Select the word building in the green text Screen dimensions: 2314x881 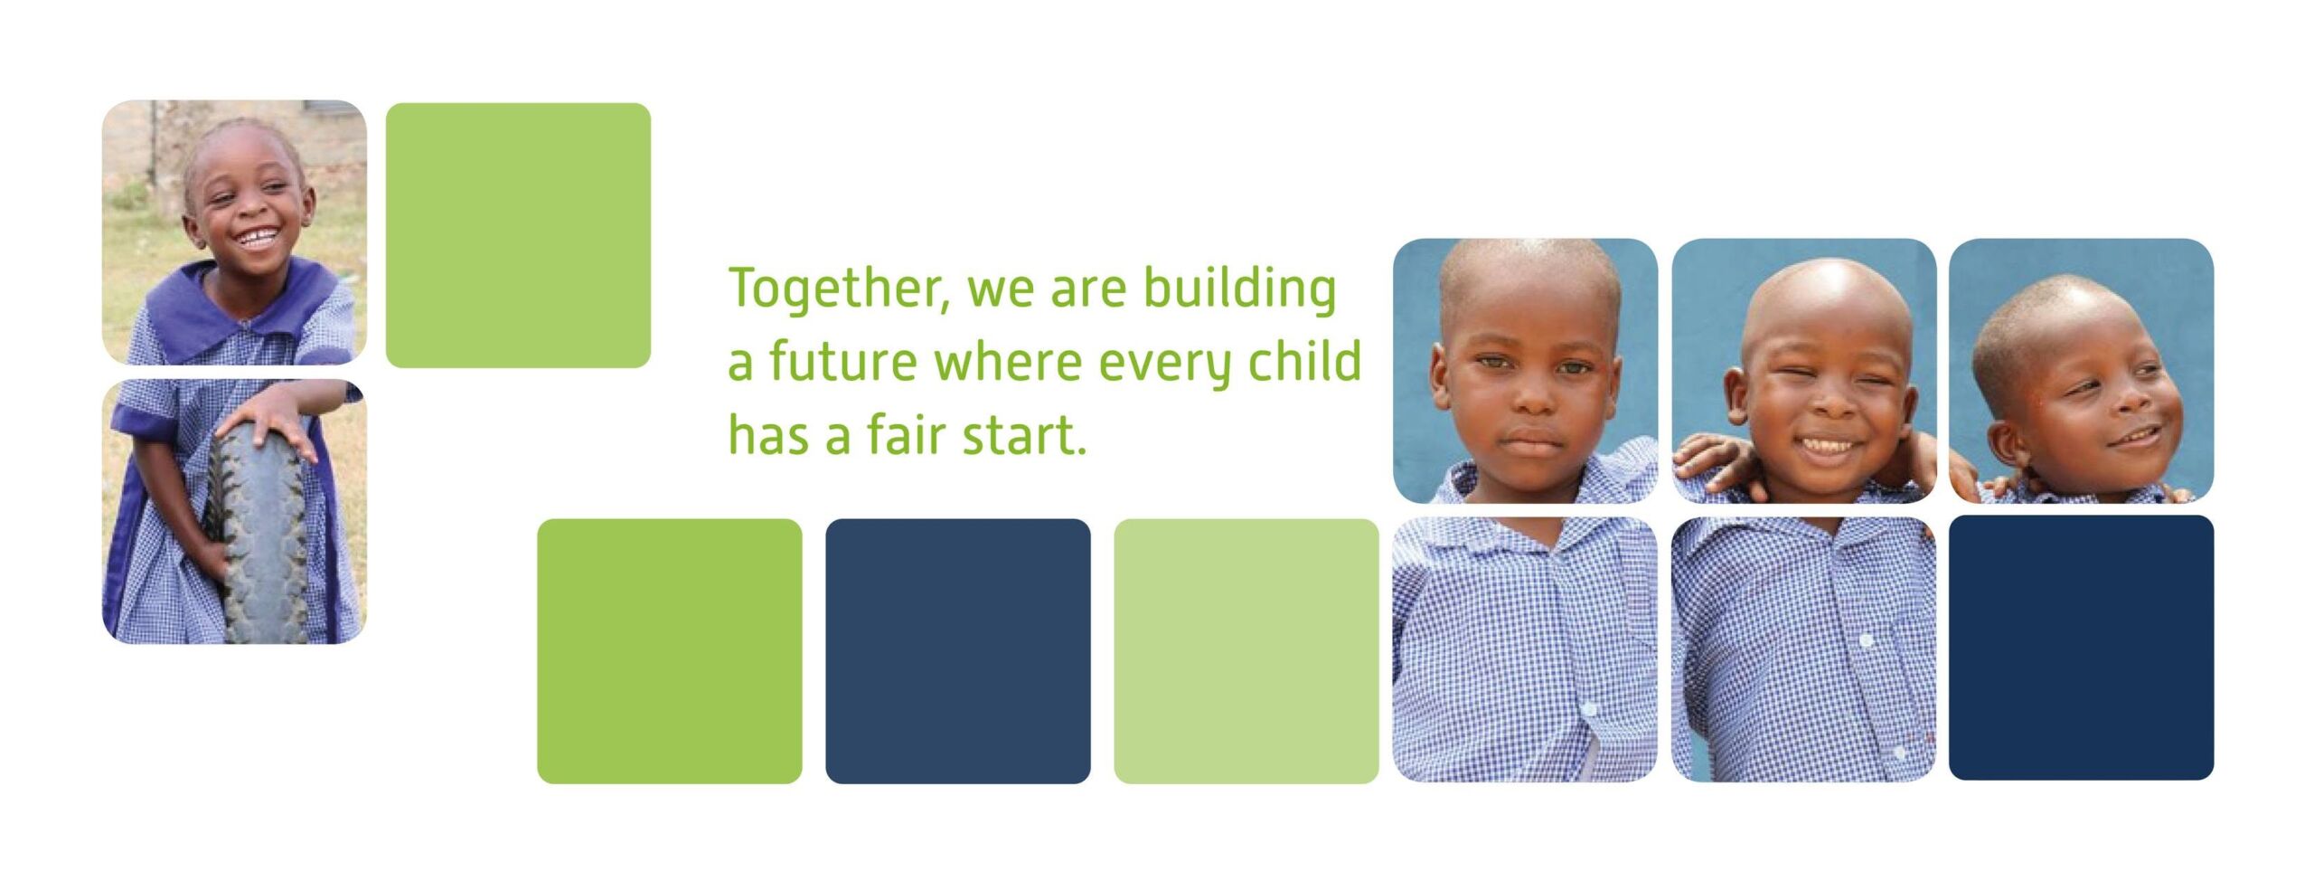coord(1239,289)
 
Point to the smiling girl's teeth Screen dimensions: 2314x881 coord(258,238)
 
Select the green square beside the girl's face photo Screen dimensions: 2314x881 coord(518,235)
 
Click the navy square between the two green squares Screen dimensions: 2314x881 coord(958,651)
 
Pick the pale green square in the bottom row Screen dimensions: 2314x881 coord(1246,651)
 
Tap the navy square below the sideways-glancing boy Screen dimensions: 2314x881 coord(2081,648)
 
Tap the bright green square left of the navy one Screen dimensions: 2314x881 coord(670,651)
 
